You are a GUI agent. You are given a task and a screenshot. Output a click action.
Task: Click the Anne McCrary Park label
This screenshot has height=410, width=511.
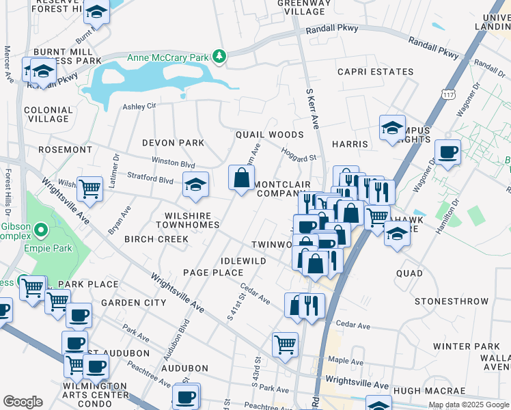coord(167,57)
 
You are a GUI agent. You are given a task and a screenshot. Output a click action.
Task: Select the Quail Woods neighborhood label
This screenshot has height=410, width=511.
coord(269,135)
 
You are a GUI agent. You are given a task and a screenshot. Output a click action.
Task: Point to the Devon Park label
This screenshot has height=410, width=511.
coord(173,143)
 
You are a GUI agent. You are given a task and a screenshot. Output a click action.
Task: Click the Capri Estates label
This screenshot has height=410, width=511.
coord(375,72)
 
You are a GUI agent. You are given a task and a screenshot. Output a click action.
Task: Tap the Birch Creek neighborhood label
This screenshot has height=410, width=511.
coord(163,239)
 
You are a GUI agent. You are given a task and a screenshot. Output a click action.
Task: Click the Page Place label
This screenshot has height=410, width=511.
coord(213,273)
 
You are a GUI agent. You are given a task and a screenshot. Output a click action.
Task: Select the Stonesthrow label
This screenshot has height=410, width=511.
coord(443,301)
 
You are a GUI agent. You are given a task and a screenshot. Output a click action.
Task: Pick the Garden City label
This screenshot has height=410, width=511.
coord(133,302)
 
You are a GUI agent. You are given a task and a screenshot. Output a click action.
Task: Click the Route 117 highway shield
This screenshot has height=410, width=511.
coord(448,92)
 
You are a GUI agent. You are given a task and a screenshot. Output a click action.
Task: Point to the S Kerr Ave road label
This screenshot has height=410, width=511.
coord(313,108)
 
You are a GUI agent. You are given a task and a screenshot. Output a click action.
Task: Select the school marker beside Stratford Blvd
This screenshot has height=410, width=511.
coord(196,185)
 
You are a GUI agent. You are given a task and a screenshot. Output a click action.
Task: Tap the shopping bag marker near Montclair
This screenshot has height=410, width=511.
coord(241,179)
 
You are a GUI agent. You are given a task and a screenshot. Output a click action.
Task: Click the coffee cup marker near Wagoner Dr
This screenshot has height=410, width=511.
coord(447,152)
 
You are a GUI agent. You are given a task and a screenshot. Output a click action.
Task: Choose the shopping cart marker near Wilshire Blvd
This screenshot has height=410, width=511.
coord(89,189)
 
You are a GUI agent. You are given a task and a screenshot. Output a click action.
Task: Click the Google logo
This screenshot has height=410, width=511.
coord(23,402)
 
